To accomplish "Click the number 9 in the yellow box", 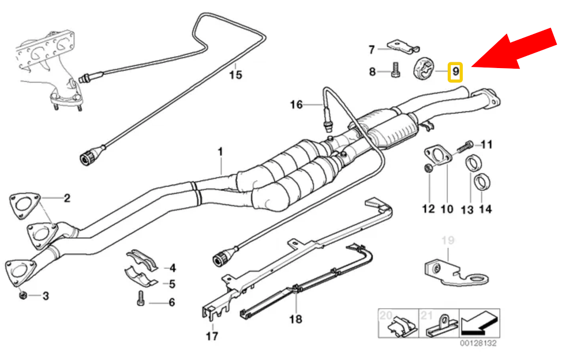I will click(x=455, y=72).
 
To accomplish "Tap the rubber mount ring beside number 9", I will click(x=426, y=70).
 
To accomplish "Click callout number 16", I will click(x=296, y=104).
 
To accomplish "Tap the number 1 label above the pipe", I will click(x=220, y=151).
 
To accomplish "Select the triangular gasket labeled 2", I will click(x=21, y=206).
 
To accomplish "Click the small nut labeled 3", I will click(x=21, y=295).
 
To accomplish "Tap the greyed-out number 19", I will click(x=448, y=239).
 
